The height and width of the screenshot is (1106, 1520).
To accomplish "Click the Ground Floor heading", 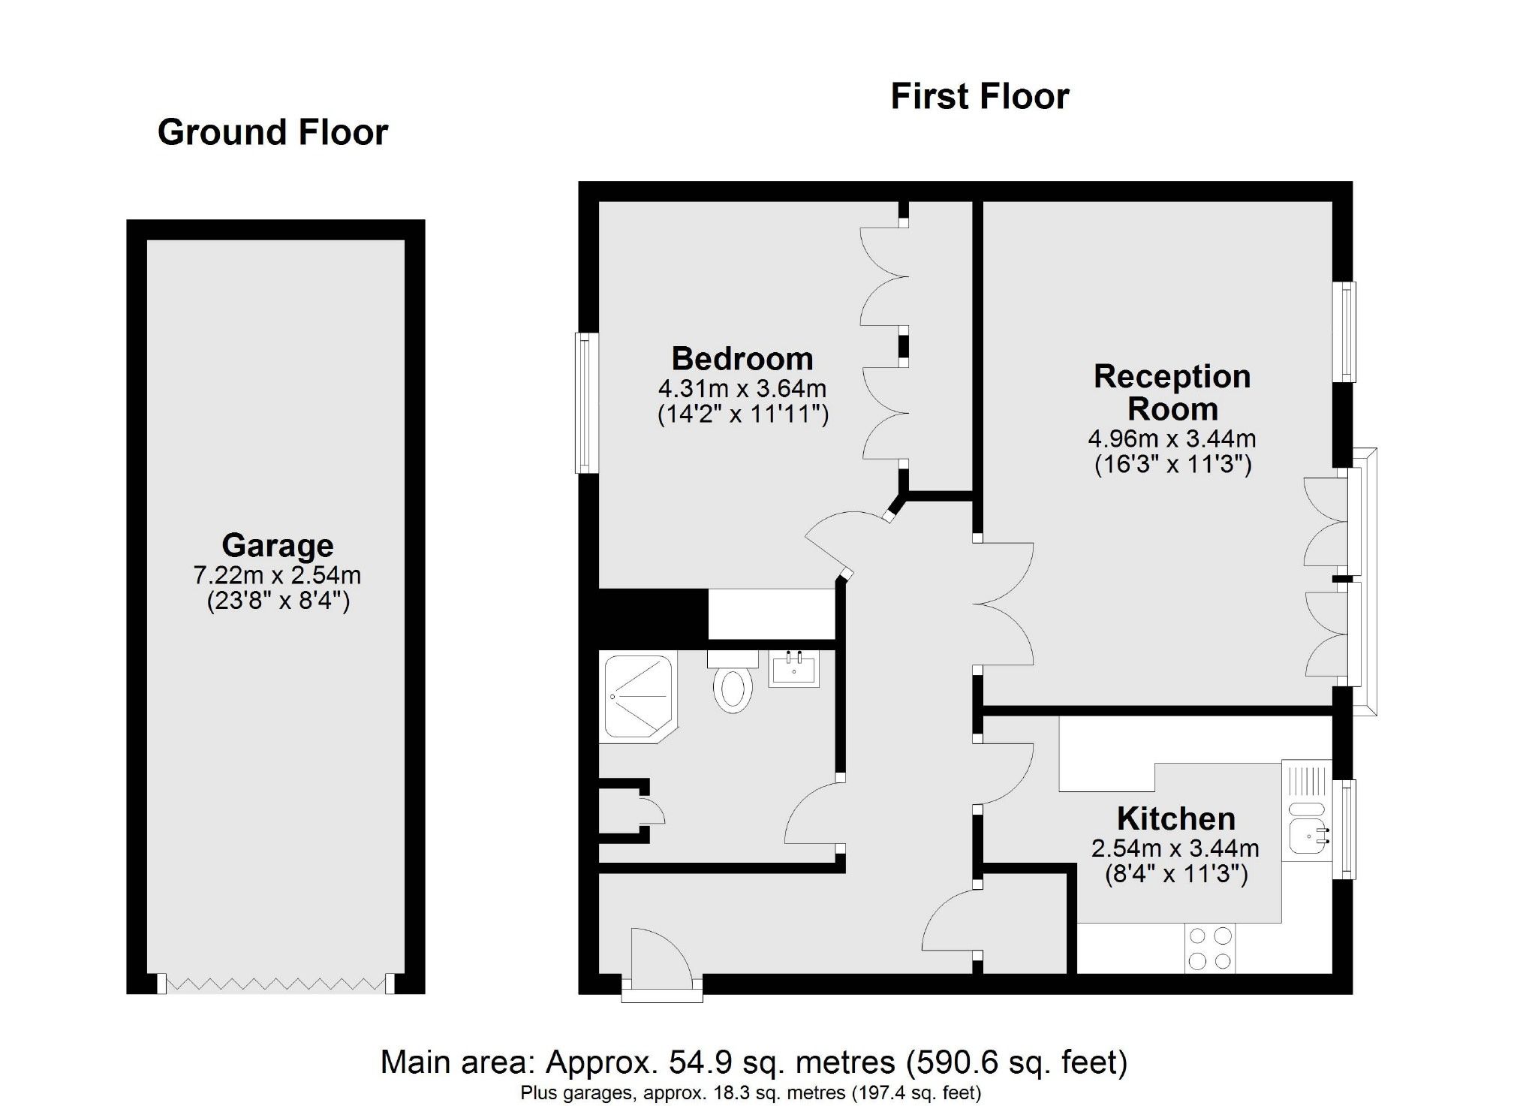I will (x=272, y=133).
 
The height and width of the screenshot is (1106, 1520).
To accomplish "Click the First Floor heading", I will (x=980, y=97).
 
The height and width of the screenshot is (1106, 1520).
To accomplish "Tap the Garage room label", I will (x=277, y=545).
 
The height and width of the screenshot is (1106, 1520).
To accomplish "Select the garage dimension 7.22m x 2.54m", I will (x=277, y=575).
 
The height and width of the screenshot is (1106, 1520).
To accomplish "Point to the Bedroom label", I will (x=742, y=359).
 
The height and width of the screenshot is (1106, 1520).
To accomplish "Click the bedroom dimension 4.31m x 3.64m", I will (x=742, y=389).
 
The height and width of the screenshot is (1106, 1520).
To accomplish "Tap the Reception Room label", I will (x=1172, y=393).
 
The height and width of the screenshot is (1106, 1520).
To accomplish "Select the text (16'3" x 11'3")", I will (x=1172, y=465).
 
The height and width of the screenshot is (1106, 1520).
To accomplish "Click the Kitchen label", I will (x=1175, y=818).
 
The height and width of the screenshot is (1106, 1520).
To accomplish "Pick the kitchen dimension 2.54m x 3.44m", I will (x=1175, y=848).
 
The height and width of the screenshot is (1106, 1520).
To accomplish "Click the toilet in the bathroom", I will (x=733, y=684).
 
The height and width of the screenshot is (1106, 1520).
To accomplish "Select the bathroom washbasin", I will (x=794, y=668).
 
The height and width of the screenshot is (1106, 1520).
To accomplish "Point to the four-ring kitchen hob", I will (x=1210, y=948).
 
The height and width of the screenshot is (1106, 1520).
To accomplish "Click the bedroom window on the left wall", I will (x=587, y=403).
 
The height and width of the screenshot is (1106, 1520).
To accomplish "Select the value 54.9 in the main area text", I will (x=689, y=1062).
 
